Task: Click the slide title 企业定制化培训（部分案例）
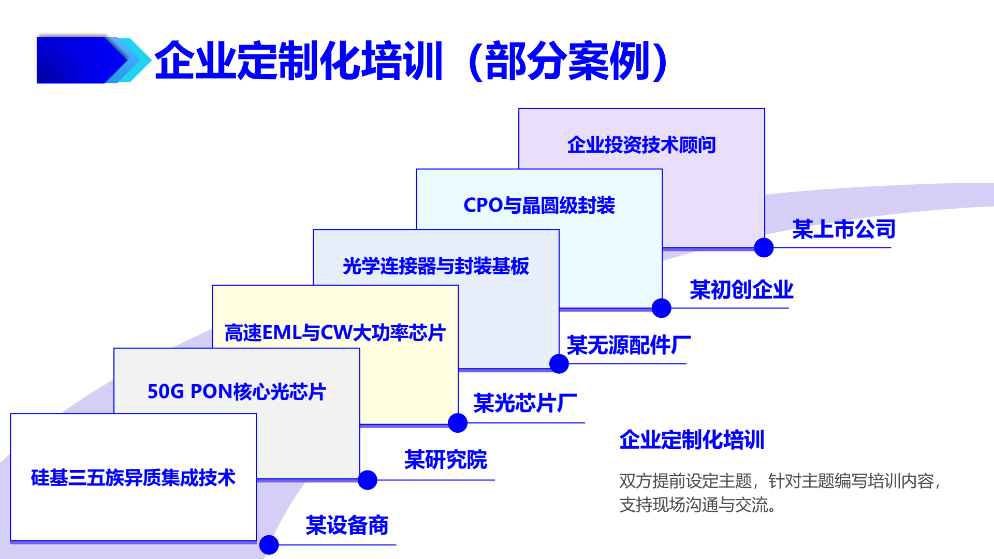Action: coord(412,61)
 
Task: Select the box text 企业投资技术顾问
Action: coord(641,145)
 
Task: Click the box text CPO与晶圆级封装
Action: coord(539,205)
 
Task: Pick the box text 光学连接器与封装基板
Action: coord(436,266)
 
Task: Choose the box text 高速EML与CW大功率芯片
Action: coord(335,333)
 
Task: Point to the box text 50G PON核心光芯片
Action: coord(237,392)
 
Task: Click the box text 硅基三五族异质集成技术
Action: coord(133,478)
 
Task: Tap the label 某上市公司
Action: coord(844,229)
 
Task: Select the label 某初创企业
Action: coord(741,290)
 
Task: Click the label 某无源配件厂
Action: coord(629,345)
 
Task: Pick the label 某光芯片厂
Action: coord(525,403)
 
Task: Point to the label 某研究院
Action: coord(446,460)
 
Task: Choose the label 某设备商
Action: coord(347,525)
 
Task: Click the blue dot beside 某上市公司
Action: coord(764,247)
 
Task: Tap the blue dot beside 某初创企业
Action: coord(661,308)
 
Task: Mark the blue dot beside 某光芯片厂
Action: coord(458,423)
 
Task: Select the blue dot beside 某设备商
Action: coord(269,545)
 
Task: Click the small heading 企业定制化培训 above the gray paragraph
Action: coord(692,440)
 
